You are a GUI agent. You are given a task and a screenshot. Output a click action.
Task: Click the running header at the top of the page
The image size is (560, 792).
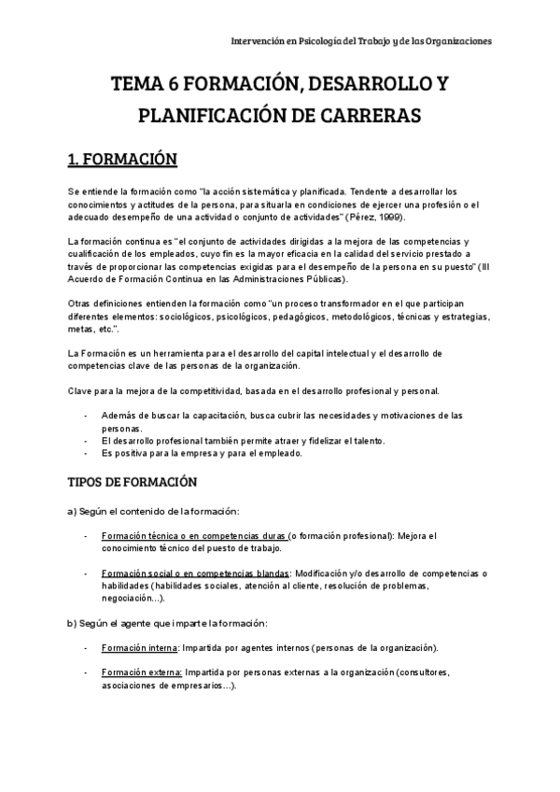coord(362,41)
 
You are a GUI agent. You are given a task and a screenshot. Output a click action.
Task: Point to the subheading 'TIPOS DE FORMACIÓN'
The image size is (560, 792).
coord(133,482)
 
